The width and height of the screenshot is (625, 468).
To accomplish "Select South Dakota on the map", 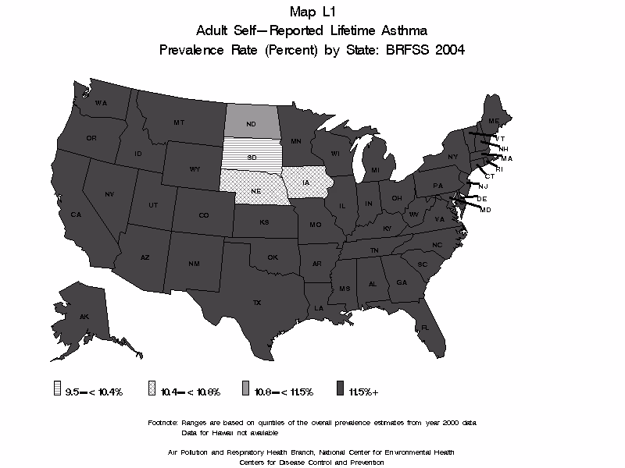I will [251, 156].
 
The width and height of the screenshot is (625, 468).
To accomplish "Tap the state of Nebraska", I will [255, 190].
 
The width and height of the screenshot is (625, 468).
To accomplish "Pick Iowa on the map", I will [305, 184].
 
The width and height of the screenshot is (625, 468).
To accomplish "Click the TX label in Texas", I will [256, 302].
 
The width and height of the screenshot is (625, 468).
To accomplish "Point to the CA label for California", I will [76, 214].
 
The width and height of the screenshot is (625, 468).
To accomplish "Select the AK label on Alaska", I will [84, 316].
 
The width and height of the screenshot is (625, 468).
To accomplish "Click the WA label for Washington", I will [101, 103].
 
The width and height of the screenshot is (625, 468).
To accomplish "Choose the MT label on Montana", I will [179, 122].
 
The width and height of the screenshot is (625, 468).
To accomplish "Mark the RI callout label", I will [499, 168].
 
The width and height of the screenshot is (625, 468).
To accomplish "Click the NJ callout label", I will [483, 186].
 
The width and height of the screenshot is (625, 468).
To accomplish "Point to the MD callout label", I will [485, 210].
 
